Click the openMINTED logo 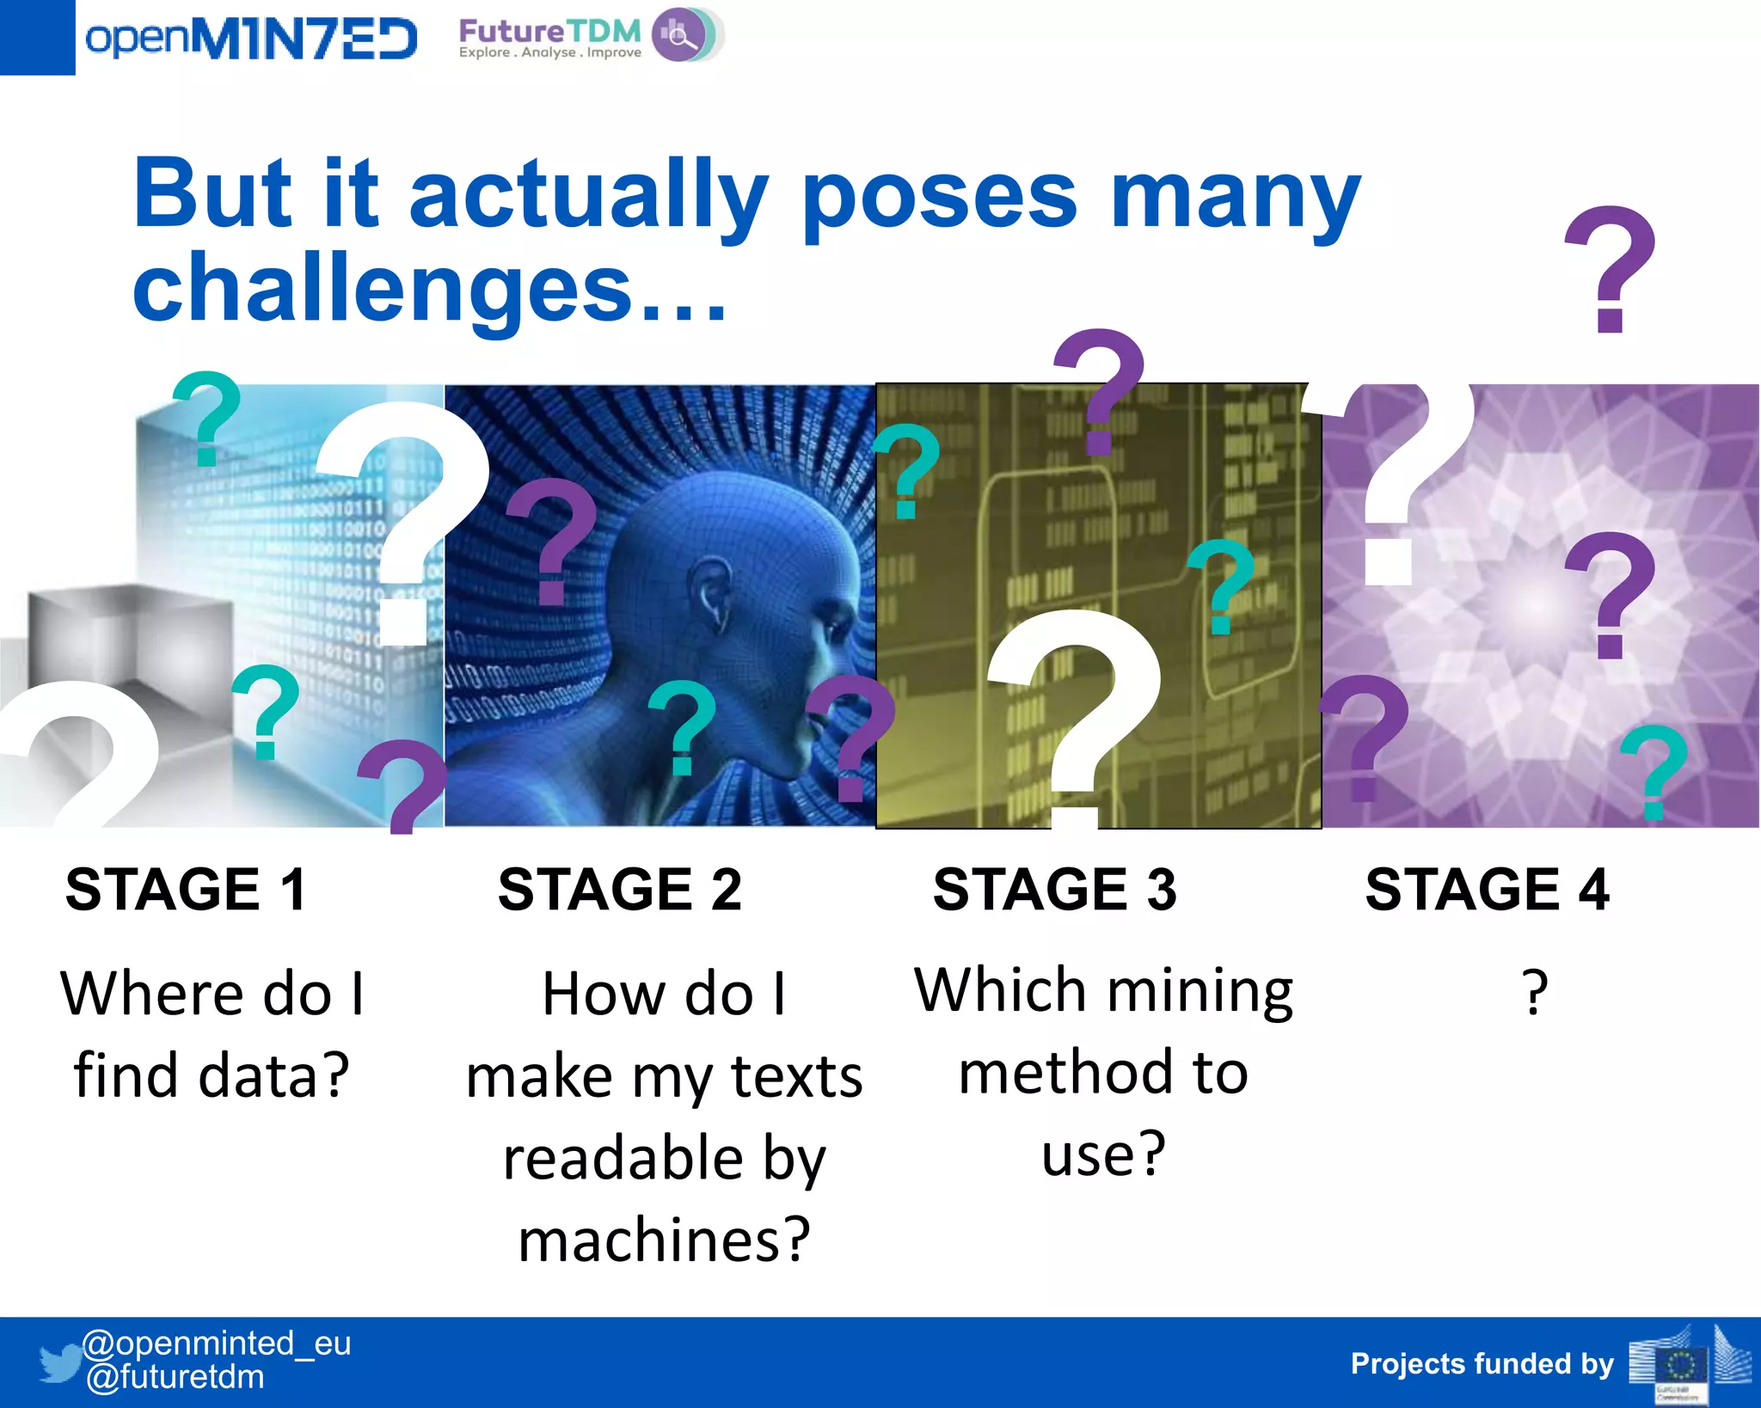250,39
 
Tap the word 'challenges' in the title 383,290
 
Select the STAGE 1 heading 186,889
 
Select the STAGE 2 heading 620,889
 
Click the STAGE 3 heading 1055,889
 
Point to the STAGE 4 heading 1488,889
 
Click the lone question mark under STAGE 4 1535,993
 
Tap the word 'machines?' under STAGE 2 665,1240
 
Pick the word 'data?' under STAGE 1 273,1074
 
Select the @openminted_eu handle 216,1343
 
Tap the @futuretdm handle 175,1377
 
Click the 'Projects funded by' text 1482,1364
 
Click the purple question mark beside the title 1609,269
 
